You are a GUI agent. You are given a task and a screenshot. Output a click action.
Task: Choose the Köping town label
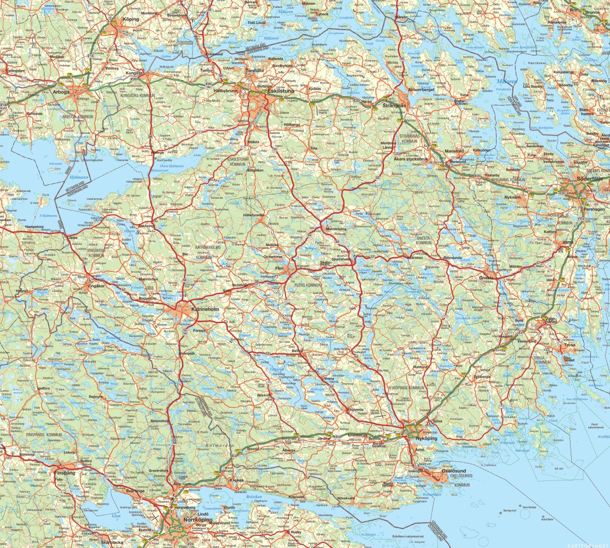[130, 19]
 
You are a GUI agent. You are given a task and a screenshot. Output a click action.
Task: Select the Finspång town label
[65, 471]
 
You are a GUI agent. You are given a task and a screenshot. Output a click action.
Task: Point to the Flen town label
[280, 269]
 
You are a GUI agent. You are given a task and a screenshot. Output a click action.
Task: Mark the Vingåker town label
[96, 286]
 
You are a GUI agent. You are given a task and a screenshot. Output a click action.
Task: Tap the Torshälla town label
[251, 71]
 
